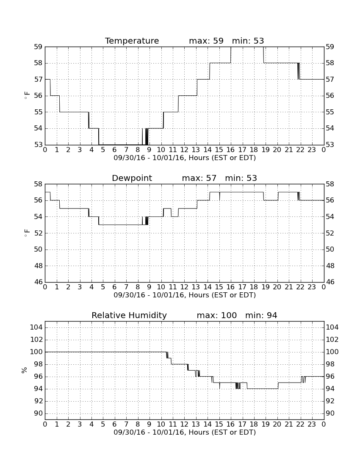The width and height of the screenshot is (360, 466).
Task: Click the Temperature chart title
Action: (132, 41)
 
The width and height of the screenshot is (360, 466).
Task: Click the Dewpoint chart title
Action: (132, 178)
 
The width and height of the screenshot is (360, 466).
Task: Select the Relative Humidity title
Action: (129, 315)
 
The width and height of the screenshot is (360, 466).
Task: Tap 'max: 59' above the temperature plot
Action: (206, 41)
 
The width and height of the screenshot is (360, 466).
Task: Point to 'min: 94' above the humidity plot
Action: (261, 315)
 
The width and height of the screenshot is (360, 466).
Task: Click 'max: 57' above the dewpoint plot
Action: (199, 178)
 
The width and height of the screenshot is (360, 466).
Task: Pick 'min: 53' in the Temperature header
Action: (248, 41)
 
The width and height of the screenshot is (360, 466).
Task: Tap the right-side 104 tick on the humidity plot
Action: (332, 327)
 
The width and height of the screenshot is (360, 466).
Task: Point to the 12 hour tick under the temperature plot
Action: (184, 150)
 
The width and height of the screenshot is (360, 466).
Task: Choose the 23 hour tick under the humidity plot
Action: (312, 424)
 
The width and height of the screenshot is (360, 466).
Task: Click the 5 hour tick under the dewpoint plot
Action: (103, 287)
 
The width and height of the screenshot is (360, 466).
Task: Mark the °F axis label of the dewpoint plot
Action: (27, 233)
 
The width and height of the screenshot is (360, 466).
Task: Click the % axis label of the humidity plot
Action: (24, 370)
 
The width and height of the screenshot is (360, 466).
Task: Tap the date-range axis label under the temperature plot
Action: (185, 158)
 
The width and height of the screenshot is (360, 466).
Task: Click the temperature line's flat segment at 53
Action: (121, 145)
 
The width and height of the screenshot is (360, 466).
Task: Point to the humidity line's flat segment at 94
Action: (263, 389)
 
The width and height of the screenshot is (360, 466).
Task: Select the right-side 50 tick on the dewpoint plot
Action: (330, 250)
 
